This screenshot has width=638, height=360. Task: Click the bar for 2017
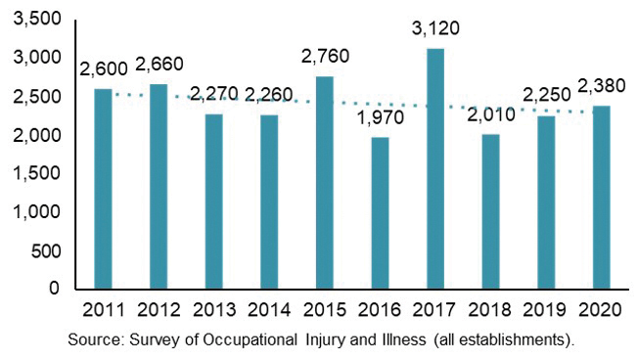434,168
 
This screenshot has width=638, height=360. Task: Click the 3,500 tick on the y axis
37,20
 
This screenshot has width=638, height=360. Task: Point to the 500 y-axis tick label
45,250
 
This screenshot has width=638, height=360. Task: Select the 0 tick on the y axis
55,290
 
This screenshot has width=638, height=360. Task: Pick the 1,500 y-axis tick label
37,173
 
